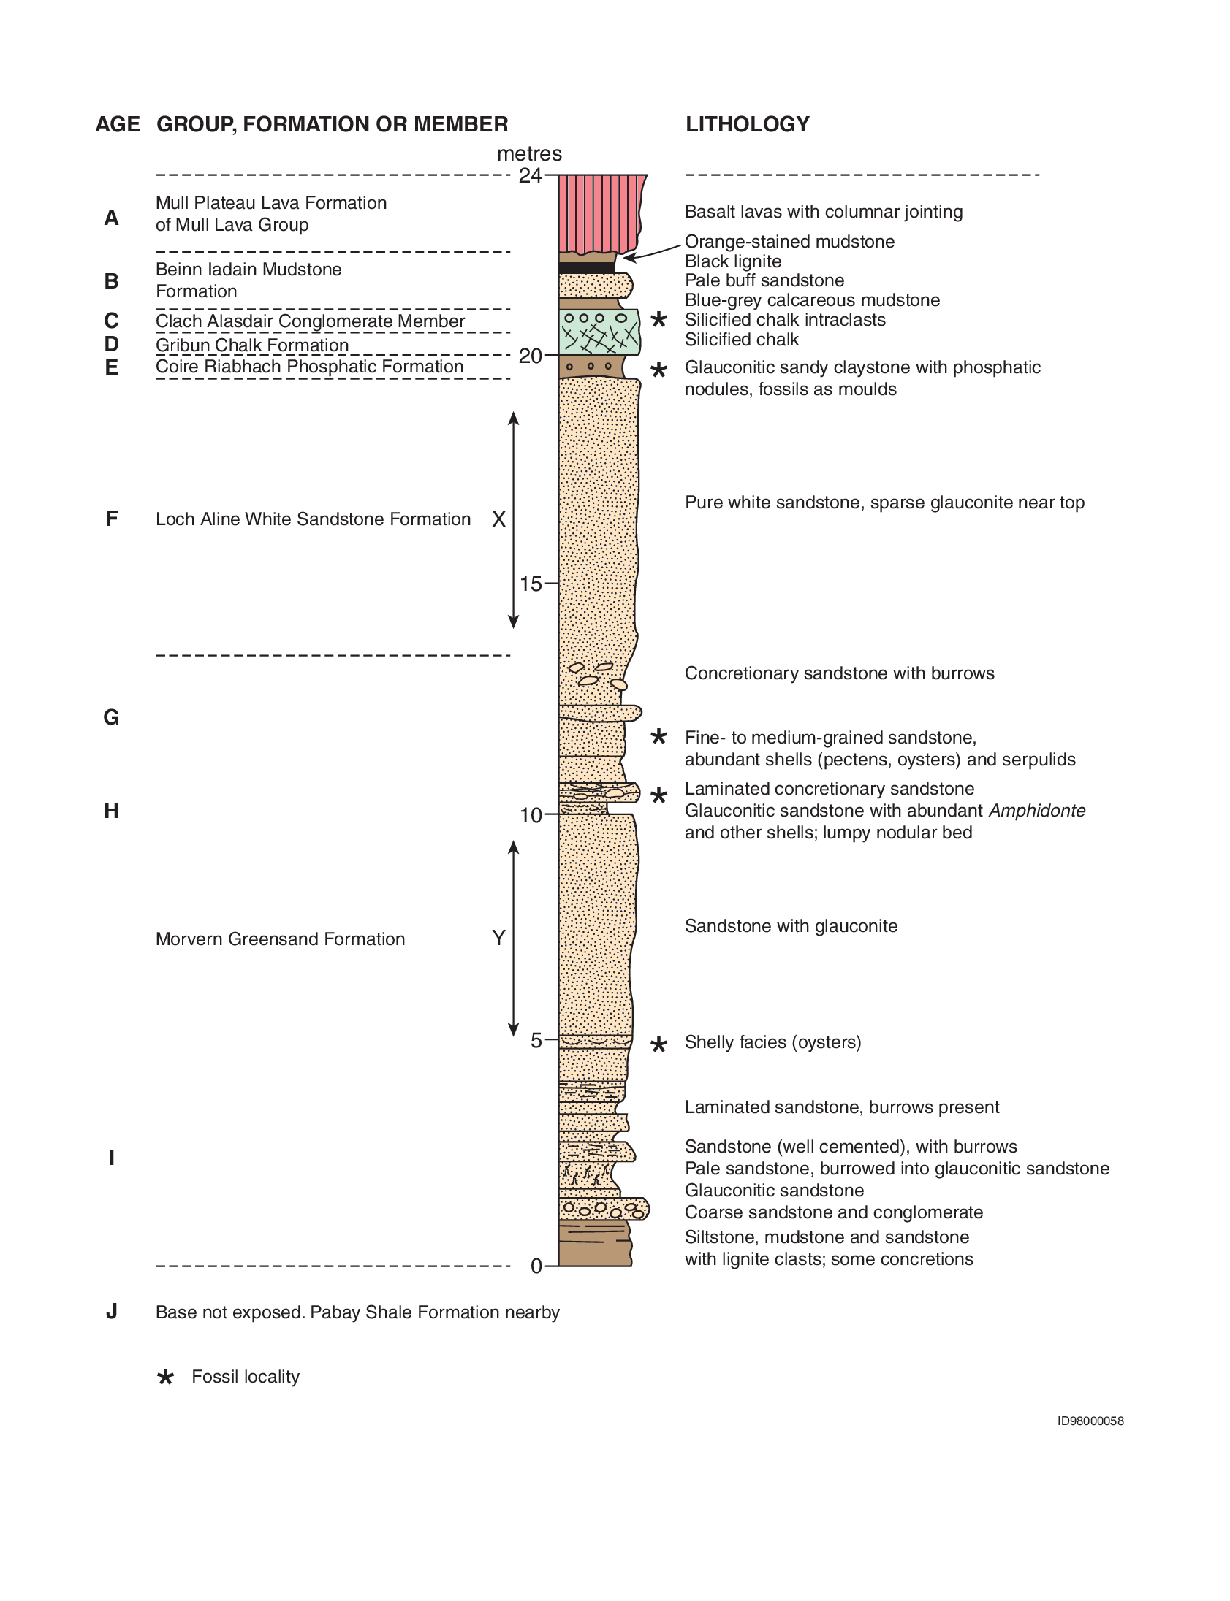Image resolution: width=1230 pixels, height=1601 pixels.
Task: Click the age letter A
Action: tap(111, 218)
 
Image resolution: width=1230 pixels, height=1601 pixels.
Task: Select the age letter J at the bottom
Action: tap(111, 1311)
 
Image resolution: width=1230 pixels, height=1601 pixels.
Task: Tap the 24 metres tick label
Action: tap(530, 175)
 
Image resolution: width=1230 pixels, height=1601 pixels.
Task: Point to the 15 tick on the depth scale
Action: tap(531, 584)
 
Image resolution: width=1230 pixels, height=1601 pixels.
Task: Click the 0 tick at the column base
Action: tap(536, 1266)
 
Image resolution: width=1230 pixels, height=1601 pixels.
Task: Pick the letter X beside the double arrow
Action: tap(498, 519)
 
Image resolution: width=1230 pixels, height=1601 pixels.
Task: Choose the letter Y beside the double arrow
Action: tap(498, 937)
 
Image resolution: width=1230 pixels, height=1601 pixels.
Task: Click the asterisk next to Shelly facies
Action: tap(659, 1044)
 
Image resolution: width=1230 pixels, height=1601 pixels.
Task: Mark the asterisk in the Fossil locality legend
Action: tap(165, 1377)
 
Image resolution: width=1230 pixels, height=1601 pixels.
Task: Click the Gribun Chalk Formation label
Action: tap(252, 345)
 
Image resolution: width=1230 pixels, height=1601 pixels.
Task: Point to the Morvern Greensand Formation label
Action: tap(280, 939)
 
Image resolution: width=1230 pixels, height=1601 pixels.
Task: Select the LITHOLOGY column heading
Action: tap(747, 124)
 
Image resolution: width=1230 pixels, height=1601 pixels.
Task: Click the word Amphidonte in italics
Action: tap(1037, 811)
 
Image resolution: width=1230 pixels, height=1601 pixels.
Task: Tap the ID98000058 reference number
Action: tap(1090, 1421)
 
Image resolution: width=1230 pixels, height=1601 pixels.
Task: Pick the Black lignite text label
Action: tap(733, 261)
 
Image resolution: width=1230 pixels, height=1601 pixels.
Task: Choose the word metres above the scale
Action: tap(529, 153)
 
